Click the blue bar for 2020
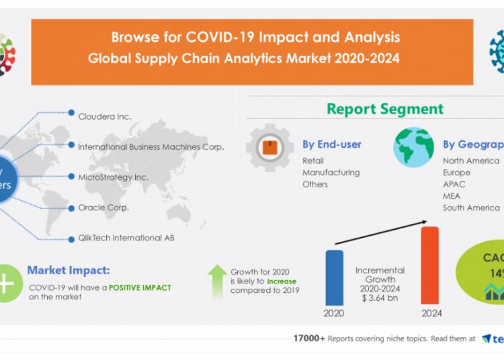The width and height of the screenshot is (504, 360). [334, 277]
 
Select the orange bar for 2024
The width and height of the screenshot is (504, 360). [429, 265]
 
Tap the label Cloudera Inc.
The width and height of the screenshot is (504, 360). [104, 116]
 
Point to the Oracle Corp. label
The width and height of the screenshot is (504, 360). [103, 208]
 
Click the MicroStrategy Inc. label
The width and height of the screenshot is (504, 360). [113, 177]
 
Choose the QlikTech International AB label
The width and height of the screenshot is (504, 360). [126, 238]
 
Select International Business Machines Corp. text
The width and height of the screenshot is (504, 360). [151, 146]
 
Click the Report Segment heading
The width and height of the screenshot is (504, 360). [385, 109]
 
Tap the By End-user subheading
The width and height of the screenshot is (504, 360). [331, 144]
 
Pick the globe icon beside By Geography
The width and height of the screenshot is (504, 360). [413, 147]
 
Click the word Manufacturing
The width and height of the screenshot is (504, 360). [331, 173]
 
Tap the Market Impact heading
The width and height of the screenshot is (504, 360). [69, 271]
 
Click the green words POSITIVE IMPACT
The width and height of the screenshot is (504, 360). [140, 287]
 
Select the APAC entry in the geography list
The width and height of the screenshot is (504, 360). [454, 184]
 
